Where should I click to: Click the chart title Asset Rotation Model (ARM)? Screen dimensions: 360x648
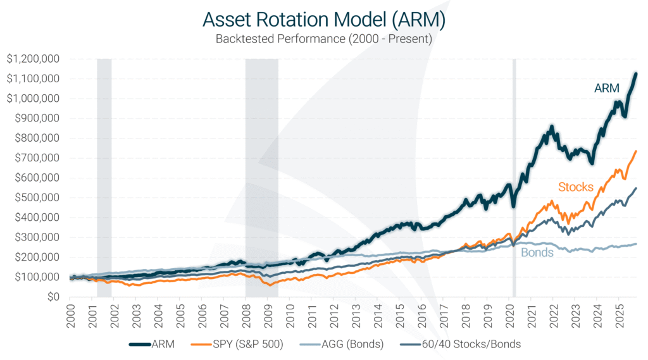324,19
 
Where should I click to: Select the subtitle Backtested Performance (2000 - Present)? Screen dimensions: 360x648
324,39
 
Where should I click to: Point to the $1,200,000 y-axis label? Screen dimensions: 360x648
33,59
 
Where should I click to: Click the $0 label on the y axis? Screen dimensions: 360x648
52,297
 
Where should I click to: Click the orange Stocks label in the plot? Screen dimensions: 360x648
575,187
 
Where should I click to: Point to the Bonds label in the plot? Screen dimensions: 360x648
537,252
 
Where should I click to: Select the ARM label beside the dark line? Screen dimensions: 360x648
606,89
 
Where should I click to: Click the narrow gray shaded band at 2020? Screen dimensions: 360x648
514,177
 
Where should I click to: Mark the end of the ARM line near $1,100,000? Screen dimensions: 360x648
636,74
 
